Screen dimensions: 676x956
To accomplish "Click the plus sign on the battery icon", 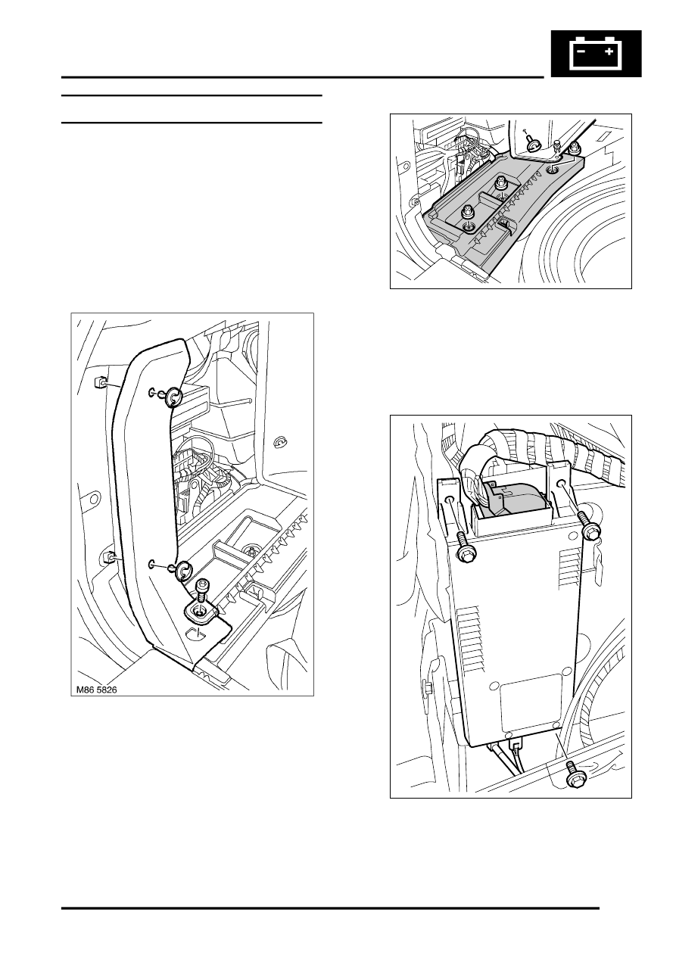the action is pyautogui.click(x=609, y=51).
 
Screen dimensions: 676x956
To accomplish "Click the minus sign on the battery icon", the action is pyautogui.click(x=581, y=51).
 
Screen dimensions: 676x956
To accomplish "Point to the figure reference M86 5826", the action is pyautogui.click(x=96, y=690).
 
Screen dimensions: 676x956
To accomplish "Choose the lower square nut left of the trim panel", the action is pyautogui.click(x=108, y=557).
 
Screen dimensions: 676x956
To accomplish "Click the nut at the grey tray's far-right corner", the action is pyautogui.click(x=574, y=148).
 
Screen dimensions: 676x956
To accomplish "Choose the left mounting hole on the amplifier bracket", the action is pyautogui.click(x=450, y=500).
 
